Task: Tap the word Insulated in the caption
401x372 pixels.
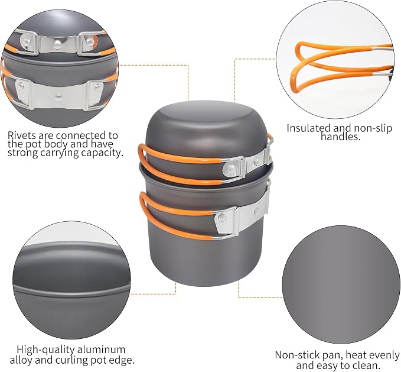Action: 310,128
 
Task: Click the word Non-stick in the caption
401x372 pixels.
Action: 292,355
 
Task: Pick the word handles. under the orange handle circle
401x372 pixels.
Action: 340,137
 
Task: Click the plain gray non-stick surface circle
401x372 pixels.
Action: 341,284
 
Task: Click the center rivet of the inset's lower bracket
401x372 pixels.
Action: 58,96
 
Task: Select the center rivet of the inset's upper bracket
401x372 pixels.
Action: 58,43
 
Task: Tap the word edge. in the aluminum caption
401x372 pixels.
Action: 123,361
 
